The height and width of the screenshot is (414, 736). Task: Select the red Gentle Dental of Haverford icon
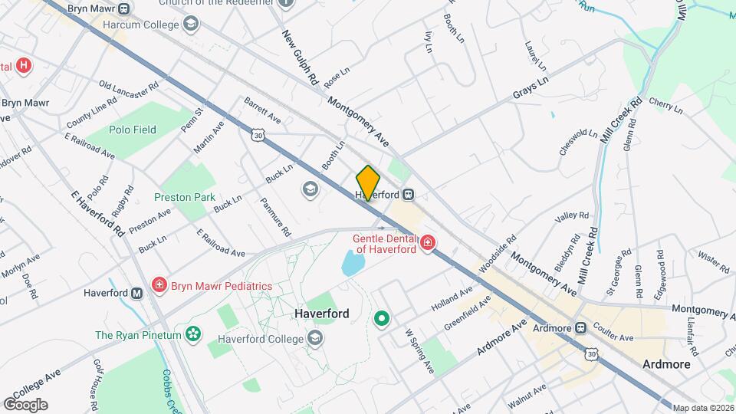tap(427, 244)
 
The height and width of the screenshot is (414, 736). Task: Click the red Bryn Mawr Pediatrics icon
tap(159, 286)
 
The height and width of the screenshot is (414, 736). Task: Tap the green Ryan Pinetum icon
tap(194, 334)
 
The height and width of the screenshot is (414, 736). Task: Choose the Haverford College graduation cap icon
tap(314, 338)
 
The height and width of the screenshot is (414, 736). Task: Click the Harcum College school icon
tap(189, 25)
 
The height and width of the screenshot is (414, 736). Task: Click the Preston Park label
tap(184, 197)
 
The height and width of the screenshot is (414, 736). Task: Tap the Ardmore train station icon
tap(580, 328)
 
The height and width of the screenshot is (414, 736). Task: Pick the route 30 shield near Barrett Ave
tap(258, 135)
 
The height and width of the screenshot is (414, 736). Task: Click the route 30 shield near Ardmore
tap(590, 353)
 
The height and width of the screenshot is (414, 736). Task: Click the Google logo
tap(25, 405)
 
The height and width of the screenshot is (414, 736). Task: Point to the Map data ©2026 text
tap(702, 408)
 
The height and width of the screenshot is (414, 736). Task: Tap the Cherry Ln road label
tap(665, 105)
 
